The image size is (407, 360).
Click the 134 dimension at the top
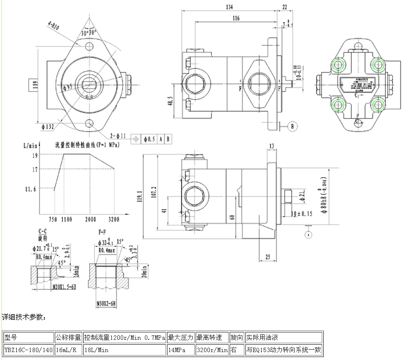coord(229,7)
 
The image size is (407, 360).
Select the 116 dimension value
coord(235,18)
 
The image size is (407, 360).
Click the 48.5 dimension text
coord(170,101)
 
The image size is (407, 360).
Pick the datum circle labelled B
coord(292,127)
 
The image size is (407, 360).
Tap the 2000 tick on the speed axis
coord(90,219)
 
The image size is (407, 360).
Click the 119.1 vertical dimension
coord(139,196)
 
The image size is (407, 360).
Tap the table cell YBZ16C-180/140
coord(28,350)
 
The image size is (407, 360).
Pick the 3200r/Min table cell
coord(212,350)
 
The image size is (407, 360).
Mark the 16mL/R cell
coord(68,350)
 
